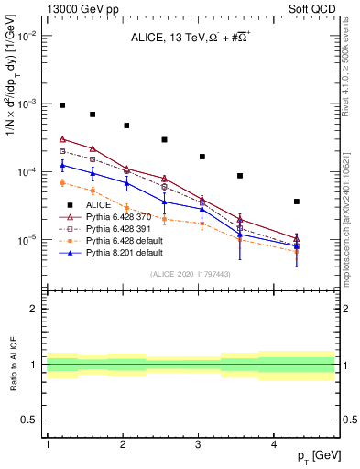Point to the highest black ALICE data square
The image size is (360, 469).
[x=62, y=105]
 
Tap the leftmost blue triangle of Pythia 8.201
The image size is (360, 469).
[x=62, y=165]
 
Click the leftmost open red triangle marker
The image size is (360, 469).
[x=62, y=139]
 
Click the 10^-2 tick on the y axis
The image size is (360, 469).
[x=27, y=36]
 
